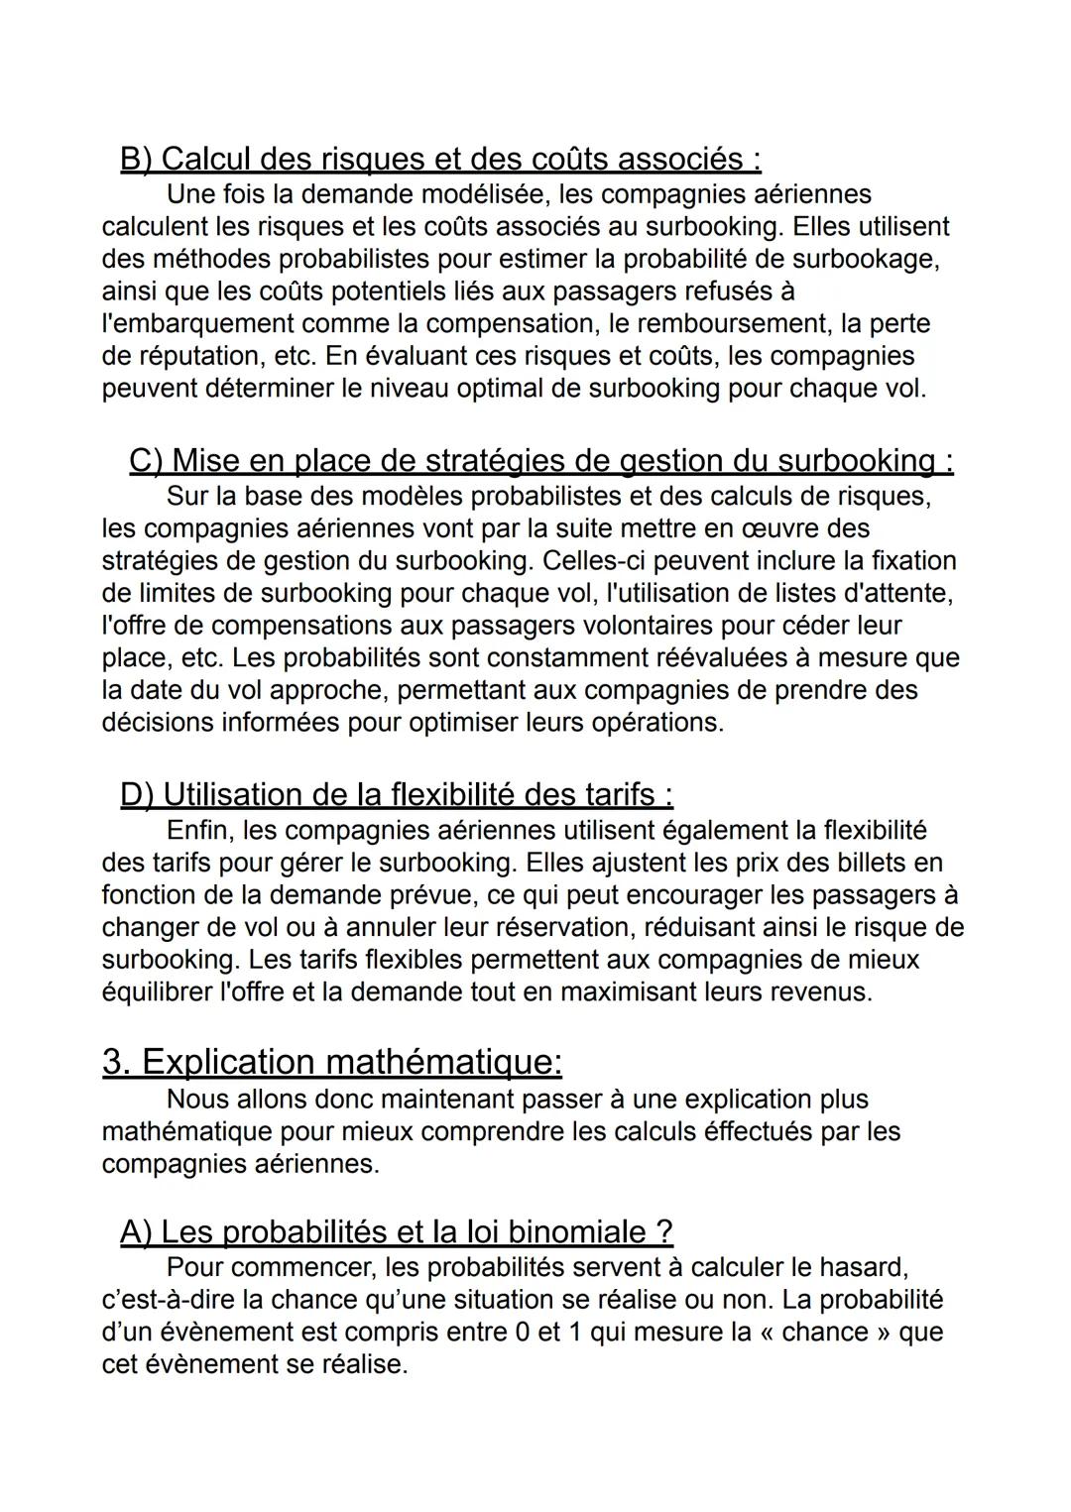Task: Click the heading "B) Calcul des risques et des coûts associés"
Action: [x=440, y=159]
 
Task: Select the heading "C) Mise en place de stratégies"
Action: [x=540, y=461]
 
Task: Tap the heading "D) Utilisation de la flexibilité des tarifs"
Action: [x=396, y=794]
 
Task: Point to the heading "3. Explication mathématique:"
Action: [x=332, y=1062]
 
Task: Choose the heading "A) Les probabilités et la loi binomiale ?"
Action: [x=396, y=1231]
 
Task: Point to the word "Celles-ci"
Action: [x=594, y=561]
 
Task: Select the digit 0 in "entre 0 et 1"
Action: [x=523, y=1333]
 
